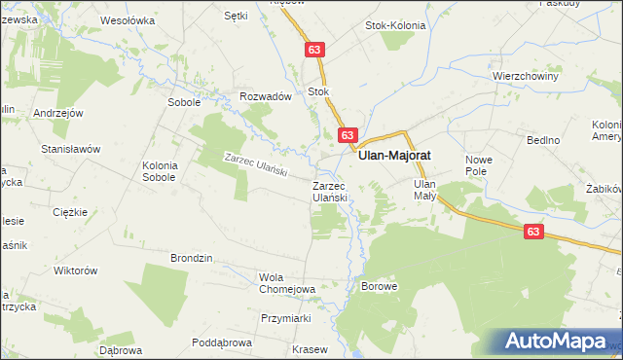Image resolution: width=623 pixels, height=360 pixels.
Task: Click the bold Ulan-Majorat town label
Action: point(395,155)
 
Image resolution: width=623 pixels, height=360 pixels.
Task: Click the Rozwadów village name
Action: point(266,96)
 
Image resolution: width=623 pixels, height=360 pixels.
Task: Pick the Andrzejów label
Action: point(55,112)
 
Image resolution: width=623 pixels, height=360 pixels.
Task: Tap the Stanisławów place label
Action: point(71,149)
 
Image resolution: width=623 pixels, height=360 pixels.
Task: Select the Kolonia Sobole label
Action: point(159,171)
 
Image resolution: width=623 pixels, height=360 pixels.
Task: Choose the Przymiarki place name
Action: point(285,318)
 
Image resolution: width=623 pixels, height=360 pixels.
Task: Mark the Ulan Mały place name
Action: point(424,189)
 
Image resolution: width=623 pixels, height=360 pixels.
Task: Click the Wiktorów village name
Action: point(77,270)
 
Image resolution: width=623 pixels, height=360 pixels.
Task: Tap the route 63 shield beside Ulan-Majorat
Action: point(348,135)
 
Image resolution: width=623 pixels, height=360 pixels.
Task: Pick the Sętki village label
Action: point(237,16)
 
